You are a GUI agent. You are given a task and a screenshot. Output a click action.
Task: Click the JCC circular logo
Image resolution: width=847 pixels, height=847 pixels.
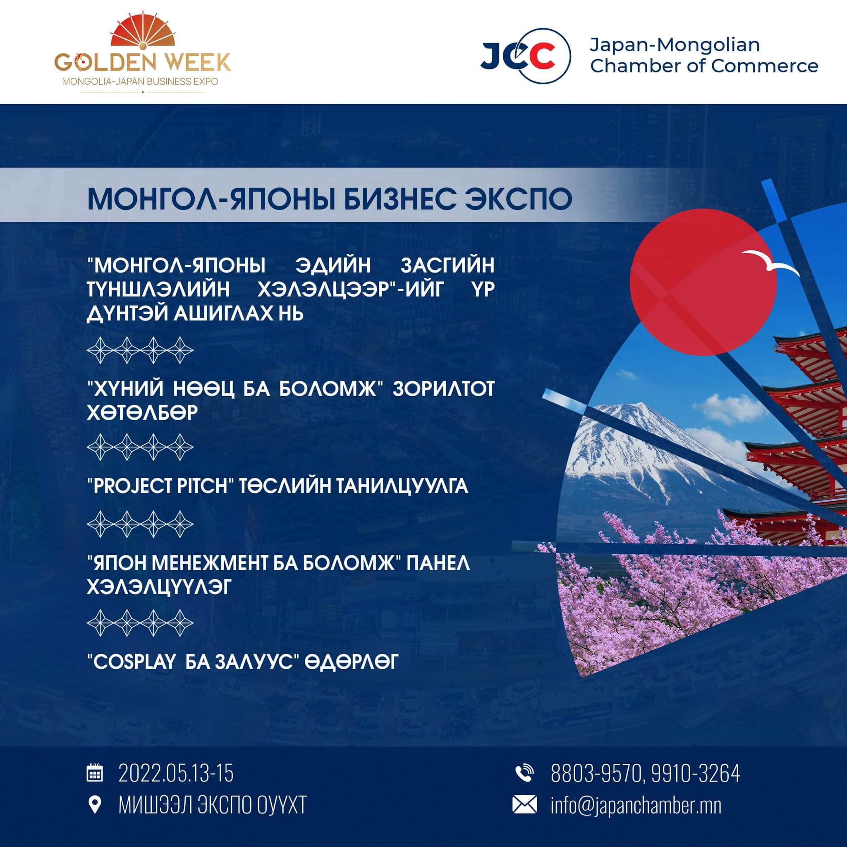[526, 56]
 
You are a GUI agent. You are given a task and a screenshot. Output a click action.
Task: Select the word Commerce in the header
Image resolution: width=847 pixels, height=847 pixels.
[764, 66]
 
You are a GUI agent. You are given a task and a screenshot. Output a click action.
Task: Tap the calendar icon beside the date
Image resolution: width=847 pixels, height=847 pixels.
[95, 773]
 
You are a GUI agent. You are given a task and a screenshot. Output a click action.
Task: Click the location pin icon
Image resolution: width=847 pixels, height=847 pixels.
[95, 805]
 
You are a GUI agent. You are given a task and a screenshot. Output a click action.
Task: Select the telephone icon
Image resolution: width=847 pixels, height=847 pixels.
[525, 773]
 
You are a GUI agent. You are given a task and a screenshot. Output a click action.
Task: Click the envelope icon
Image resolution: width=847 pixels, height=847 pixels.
[525, 805]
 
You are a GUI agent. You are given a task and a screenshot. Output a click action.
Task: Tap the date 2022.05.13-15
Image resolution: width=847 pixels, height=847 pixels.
[176, 773]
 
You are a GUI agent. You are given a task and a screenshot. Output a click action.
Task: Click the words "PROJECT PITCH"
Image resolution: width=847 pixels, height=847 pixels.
[162, 486]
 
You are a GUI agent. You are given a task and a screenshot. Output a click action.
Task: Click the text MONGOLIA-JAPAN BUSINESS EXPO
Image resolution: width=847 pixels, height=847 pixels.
[140, 81]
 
